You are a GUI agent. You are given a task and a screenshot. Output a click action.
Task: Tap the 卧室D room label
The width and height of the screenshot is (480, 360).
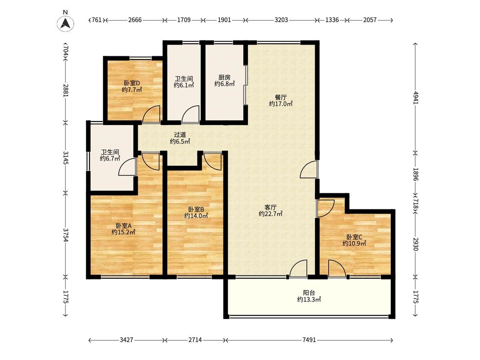[x=132, y=83]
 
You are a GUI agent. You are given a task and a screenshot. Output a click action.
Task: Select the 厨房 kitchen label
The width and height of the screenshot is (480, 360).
[x=224, y=78]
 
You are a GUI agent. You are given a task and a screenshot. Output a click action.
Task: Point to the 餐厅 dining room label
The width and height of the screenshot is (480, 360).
[x=281, y=97]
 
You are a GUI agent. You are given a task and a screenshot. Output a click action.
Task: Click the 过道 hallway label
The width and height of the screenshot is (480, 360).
[x=180, y=135]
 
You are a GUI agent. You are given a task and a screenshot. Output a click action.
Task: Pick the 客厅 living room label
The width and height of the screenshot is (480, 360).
[x=271, y=207]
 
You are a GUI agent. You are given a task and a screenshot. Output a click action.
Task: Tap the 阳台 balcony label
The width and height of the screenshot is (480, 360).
[x=309, y=293]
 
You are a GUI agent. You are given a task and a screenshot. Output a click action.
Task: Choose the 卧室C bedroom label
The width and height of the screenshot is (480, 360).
[x=355, y=237]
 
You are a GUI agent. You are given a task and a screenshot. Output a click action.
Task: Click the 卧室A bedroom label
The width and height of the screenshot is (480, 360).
[x=124, y=226]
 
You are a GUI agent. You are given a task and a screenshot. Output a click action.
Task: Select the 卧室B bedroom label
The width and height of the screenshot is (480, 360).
[x=196, y=209]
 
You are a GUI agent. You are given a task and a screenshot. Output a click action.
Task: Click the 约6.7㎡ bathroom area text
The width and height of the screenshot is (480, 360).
[x=110, y=159]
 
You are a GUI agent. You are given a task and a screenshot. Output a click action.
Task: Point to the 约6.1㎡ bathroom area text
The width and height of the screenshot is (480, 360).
[x=184, y=85]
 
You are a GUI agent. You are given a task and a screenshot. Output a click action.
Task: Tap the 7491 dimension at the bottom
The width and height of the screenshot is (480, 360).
[x=309, y=340]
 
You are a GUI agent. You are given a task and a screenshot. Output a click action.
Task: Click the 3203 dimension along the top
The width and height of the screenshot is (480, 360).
[x=281, y=20]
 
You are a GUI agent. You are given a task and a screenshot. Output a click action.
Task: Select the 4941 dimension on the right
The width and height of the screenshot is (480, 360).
[x=416, y=98]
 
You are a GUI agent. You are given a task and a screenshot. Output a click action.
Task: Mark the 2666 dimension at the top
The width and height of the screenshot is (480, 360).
[x=135, y=20]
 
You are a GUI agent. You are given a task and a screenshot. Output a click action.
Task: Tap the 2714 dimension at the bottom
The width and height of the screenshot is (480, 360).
[x=195, y=340]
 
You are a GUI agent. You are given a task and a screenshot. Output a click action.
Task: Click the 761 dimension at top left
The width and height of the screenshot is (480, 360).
[x=96, y=20]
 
